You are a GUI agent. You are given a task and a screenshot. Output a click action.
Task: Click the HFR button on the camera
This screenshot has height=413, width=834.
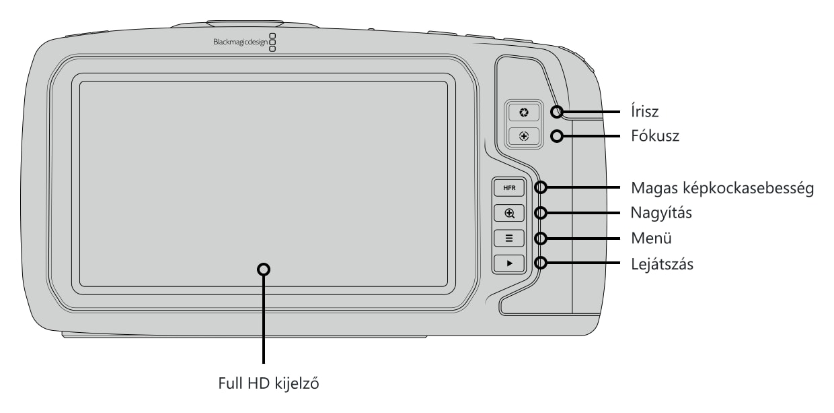pyautogui.click(x=509, y=188)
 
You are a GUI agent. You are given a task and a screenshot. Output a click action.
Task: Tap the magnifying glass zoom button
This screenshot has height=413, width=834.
pyautogui.click(x=509, y=213)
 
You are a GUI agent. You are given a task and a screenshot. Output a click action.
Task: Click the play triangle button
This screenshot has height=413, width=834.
pyautogui.click(x=509, y=263)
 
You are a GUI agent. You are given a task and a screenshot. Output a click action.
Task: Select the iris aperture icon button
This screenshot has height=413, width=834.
pyautogui.click(x=524, y=113)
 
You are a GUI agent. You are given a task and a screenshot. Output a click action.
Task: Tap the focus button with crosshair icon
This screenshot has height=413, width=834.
pyautogui.click(x=524, y=136)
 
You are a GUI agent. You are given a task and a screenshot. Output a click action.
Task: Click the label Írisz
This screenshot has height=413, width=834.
pyautogui.click(x=645, y=111)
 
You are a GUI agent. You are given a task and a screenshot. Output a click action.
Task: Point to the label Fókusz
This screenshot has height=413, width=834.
pyautogui.click(x=655, y=135)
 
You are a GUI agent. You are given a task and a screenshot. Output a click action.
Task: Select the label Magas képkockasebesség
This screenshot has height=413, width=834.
pyautogui.click(x=722, y=188)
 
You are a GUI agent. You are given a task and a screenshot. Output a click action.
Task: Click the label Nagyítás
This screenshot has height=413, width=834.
pyautogui.click(x=661, y=213)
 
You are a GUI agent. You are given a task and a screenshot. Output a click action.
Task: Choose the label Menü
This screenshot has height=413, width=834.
pyautogui.click(x=651, y=238)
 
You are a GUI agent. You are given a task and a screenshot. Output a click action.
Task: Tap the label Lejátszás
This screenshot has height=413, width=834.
pyautogui.click(x=662, y=264)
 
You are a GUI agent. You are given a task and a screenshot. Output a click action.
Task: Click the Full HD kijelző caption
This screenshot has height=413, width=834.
pyautogui.click(x=268, y=383)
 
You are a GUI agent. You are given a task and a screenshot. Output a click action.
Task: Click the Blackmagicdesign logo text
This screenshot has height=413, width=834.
pyautogui.click(x=240, y=42)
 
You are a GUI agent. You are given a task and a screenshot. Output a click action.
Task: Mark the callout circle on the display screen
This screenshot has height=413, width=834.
pyautogui.click(x=264, y=269)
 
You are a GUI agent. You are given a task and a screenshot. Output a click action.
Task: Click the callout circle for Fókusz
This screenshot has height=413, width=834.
pyautogui.click(x=557, y=136)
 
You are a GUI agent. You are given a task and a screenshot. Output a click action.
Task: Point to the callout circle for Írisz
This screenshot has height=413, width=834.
pyautogui.click(x=557, y=112)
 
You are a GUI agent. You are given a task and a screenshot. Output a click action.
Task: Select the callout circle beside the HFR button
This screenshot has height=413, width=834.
pyautogui.click(x=541, y=187)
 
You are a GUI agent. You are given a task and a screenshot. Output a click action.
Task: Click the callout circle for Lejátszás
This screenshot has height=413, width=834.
pyautogui.click(x=541, y=263)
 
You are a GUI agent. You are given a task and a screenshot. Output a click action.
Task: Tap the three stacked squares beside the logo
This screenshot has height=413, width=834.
pyautogui.click(x=272, y=42)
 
